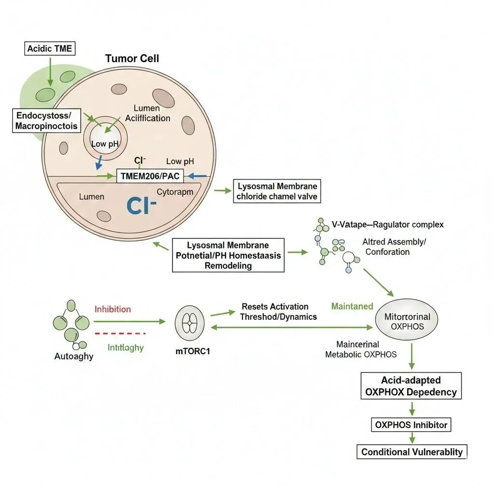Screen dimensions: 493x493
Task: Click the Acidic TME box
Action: pyautogui.click(x=50, y=49)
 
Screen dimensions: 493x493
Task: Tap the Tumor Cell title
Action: pyautogui.click(x=132, y=58)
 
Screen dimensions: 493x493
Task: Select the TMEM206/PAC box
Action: pyautogui.click(x=150, y=176)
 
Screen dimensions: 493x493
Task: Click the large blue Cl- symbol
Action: pyautogui.click(x=141, y=206)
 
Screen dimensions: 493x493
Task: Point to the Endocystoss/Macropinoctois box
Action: pyautogui.click(x=46, y=121)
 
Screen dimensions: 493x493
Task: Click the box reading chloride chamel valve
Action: pyautogui.click(x=277, y=191)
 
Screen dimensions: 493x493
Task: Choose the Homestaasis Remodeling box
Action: pyautogui.click(x=228, y=255)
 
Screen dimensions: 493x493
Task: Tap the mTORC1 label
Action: pyautogui.click(x=192, y=351)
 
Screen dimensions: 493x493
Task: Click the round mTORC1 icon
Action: pyautogui.click(x=190, y=323)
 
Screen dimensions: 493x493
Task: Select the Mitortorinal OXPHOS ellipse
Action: pyautogui.click(x=407, y=319)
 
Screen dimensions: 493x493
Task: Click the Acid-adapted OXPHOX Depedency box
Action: pyautogui.click(x=411, y=386)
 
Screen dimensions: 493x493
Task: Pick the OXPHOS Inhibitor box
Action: pyautogui.click(x=411, y=425)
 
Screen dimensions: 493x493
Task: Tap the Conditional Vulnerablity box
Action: pyautogui.click(x=412, y=452)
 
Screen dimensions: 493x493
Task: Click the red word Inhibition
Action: pyautogui.click(x=112, y=309)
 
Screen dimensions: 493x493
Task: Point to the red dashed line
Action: pyautogui.click(x=120, y=333)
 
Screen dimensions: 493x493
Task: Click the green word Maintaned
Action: pyautogui.click(x=352, y=306)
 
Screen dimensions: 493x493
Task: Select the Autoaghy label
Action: pyautogui.click(x=74, y=356)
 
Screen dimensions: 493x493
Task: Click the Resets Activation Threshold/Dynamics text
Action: pyautogui.click(x=278, y=312)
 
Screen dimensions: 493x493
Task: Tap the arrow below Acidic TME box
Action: pyautogui.click(x=50, y=72)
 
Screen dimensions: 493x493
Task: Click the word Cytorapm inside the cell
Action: pyautogui.click(x=175, y=192)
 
